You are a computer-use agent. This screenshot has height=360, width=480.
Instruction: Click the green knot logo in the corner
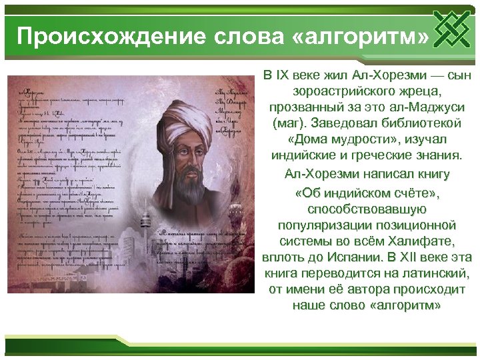pos(455,29)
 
